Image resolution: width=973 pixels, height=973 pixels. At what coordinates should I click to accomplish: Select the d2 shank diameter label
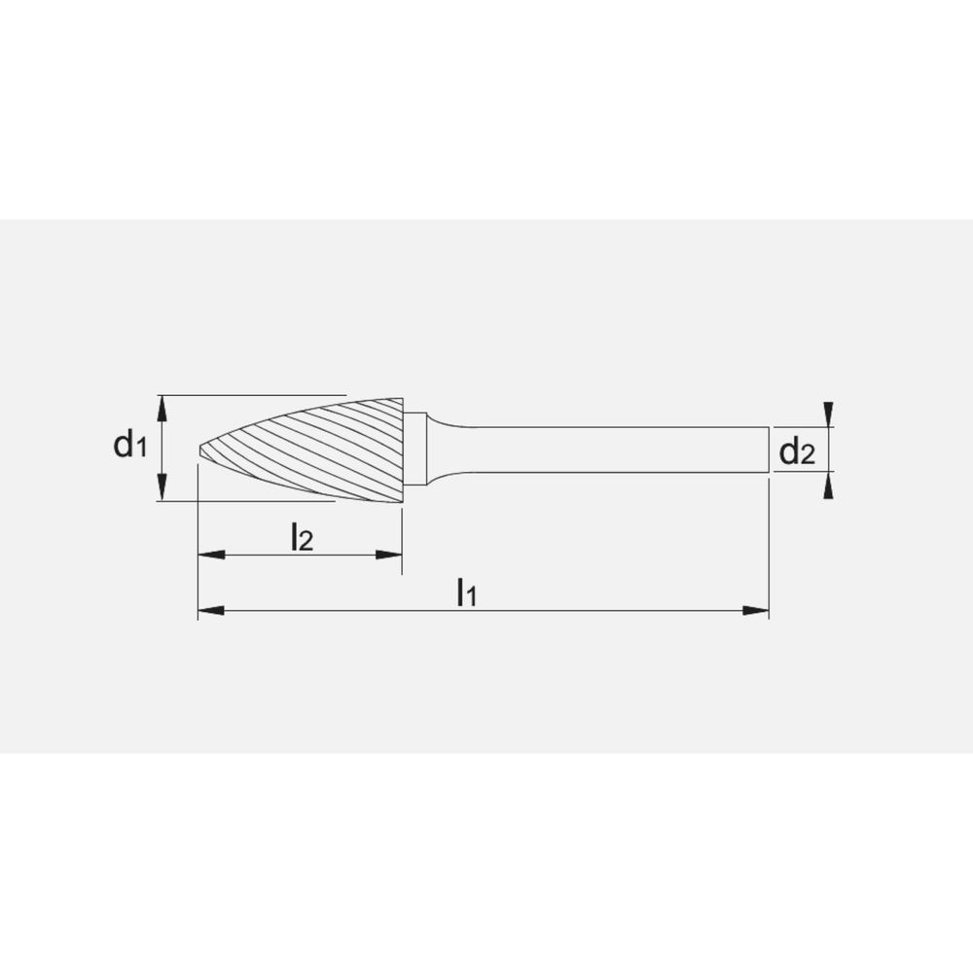[x=797, y=451]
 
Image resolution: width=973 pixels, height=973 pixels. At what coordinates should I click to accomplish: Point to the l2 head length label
[x=302, y=537]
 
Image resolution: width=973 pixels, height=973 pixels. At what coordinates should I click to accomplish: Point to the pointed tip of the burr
[x=200, y=450]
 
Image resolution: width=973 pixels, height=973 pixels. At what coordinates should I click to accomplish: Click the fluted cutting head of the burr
[x=321, y=450]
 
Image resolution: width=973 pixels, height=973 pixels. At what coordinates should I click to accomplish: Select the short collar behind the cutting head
[x=415, y=450]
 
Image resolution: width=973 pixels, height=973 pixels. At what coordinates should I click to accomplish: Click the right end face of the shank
[x=769, y=450]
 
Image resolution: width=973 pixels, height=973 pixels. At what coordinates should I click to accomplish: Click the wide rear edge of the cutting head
[x=403, y=450]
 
